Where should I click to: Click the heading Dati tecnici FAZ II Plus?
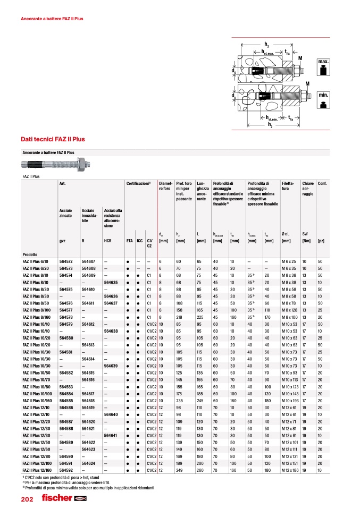(x=53, y=139)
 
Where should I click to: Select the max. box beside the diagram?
(x=323, y=66)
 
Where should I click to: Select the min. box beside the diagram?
(x=323, y=99)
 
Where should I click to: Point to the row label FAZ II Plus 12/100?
(x=39, y=463)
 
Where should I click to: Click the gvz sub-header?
(x=62, y=241)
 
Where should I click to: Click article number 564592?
(x=65, y=470)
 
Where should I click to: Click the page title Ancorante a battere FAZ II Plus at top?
(x=52, y=19)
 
